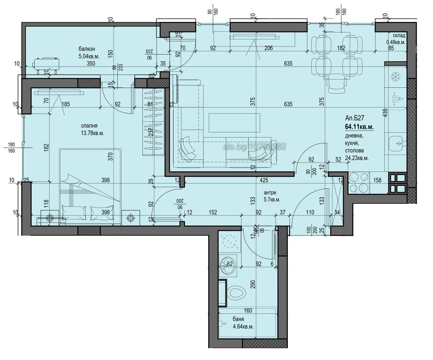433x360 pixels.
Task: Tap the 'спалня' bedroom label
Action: point(89,126)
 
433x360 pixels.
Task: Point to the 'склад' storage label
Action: point(399,35)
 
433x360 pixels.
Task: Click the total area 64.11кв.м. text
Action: point(359,127)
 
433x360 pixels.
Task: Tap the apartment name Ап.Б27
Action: point(354,118)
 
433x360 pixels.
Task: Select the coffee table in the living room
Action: point(234,122)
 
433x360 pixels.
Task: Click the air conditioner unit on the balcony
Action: point(46,66)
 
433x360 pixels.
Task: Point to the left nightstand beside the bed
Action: point(49,217)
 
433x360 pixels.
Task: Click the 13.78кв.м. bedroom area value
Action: point(92,133)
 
